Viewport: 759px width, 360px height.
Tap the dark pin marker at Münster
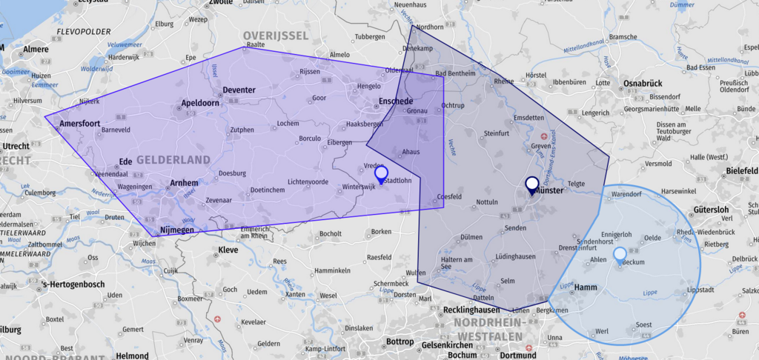[x=531, y=184]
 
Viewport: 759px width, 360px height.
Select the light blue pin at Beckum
[x=620, y=256]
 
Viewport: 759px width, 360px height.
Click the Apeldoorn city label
[x=200, y=103]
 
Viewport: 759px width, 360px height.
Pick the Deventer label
[x=239, y=90]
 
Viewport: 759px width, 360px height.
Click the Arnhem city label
[x=184, y=183]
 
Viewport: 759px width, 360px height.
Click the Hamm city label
[x=586, y=287]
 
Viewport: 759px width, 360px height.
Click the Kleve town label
[x=228, y=250]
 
